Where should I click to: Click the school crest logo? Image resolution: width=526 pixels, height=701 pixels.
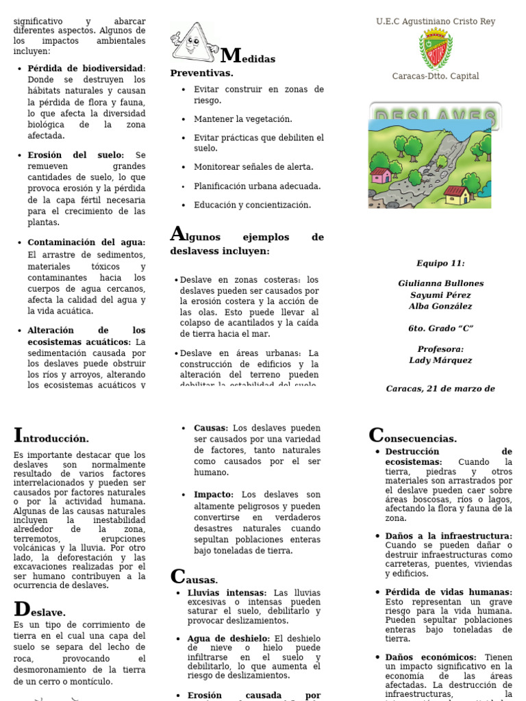pos(435,49)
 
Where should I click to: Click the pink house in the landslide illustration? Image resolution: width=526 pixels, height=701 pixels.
pos(381,175)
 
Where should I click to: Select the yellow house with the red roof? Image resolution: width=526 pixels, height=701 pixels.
pos(457,195)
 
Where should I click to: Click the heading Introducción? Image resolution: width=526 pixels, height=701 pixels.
pos(51,437)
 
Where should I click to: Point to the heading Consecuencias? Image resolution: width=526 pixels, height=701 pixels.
pos(412,437)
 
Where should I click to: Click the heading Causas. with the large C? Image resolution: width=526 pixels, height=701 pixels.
pos(194,578)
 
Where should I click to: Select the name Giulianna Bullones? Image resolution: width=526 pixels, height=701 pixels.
pos(440,283)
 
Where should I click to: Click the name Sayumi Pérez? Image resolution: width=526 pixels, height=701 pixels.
pos(440,295)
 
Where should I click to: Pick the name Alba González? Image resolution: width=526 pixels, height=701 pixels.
pos(440,307)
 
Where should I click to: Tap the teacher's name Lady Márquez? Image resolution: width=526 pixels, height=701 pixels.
pos(440,360)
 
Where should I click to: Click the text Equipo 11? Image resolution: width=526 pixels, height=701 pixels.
pos(440,263)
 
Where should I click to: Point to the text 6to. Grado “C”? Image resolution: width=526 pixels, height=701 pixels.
pos(440,329)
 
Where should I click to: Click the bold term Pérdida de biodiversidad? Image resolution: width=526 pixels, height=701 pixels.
pos(85,68)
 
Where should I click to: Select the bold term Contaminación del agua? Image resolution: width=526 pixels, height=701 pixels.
pos(86,242)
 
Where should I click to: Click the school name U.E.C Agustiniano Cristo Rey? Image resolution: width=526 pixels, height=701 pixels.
pos(436,22)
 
